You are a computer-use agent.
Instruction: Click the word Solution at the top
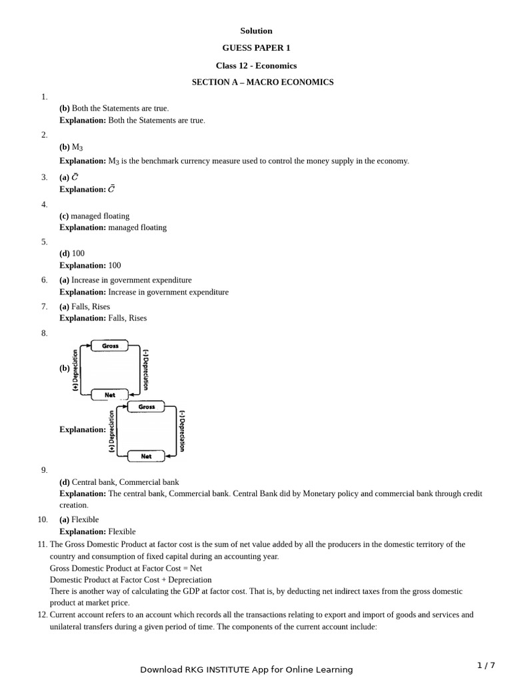pos(256,31)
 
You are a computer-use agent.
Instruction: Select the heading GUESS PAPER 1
pos(256,48)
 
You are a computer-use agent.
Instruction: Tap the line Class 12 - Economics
pos(256,65)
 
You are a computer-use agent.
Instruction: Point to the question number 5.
pos(44,242)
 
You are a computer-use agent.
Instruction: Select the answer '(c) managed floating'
pos(94,216)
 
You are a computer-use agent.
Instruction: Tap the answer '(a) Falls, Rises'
pos(85,306)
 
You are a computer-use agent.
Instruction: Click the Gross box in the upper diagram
pos(110,346)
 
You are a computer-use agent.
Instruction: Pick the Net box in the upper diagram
pos(110,395)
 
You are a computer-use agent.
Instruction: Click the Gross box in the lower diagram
pos(147,406)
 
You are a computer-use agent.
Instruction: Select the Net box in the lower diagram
pos(146,456)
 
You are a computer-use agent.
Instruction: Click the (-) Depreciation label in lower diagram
pos(182,431)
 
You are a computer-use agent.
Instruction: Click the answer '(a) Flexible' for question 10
pos(79,519)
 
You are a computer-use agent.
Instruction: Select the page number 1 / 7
pos(486,665)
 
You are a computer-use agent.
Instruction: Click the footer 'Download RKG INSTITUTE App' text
pos(246,669)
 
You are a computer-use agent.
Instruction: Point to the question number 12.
pos(43,615)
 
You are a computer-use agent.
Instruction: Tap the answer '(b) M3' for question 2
pos(71,147)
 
